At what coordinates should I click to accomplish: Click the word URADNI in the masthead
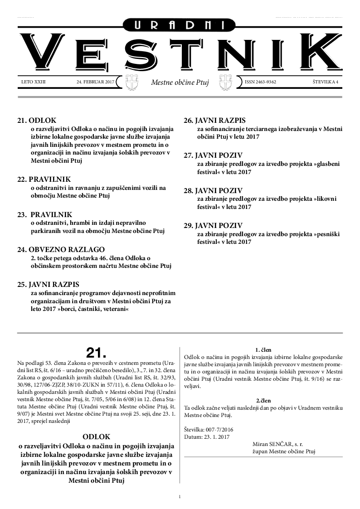180,26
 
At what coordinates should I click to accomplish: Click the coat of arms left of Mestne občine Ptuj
131,82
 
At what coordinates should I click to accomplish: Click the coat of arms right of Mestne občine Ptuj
225,82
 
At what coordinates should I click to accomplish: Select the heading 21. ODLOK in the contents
36,121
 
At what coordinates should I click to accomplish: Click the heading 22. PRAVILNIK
44,179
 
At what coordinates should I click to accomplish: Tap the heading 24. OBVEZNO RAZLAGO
61,249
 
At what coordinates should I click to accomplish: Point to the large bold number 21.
96,353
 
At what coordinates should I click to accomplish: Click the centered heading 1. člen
263,350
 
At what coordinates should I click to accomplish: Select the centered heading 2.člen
263,401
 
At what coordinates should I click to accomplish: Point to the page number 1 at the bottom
180,497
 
